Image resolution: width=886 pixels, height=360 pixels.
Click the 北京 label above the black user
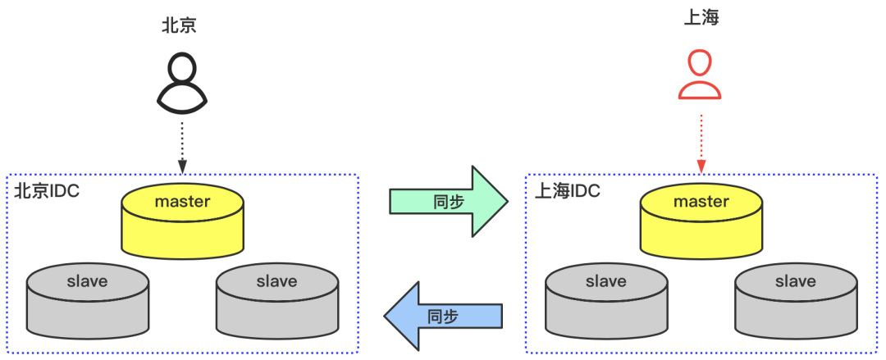pos(180,25)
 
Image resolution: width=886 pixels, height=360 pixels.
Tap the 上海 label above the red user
pos(701,17)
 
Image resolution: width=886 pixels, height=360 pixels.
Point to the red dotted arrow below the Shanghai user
pos(701,143)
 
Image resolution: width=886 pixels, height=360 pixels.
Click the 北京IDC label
pos(47,192)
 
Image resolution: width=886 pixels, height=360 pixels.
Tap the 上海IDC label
pos(567,192)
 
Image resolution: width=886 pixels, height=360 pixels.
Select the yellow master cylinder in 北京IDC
pos(182,221)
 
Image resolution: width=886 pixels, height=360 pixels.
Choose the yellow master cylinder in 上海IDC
pos(701,221)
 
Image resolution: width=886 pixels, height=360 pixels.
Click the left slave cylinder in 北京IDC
pos(87,298)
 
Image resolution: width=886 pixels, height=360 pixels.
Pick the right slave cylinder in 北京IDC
pos(277,298)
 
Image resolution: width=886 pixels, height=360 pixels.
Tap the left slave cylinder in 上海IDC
pos(606,298)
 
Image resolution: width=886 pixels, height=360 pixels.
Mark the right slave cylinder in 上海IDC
pos(796,298)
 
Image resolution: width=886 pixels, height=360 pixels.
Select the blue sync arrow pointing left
pos(443,315)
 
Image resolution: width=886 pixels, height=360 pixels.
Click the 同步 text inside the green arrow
pos(447,201)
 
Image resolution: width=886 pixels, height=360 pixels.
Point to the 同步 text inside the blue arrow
pos(443,316)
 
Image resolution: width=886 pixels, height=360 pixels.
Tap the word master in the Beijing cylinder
pos(182,201)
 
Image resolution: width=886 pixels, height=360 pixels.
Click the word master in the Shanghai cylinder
pos(701,201)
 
